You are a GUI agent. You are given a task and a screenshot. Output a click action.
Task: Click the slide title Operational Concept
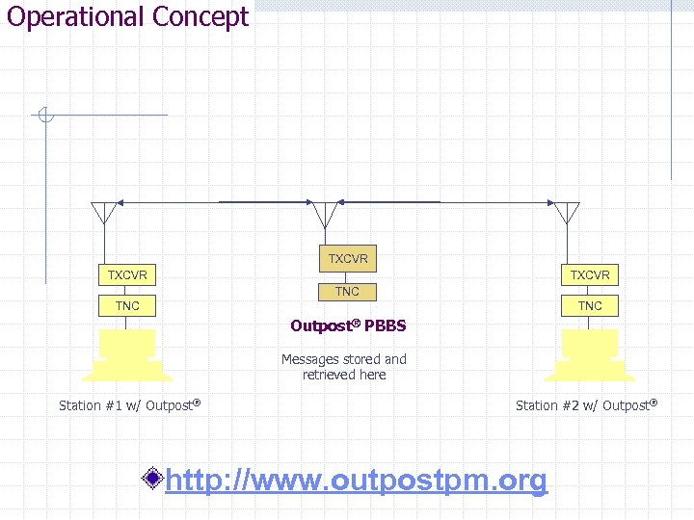(127, 17)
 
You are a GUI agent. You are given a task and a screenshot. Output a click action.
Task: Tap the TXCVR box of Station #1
(127, 275)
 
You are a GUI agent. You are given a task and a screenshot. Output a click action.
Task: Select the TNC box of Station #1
(127, 306)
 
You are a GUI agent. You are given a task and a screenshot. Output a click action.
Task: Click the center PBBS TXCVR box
(347, 259)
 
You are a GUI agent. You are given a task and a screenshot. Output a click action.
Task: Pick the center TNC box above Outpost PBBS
(347, 292)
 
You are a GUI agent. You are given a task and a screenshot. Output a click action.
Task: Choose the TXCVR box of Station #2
(590, 275)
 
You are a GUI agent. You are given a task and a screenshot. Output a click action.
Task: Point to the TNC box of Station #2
(590, 306)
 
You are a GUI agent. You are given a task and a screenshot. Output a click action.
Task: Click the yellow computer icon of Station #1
(127, 355)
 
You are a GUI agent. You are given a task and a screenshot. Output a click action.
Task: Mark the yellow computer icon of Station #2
(590, 355)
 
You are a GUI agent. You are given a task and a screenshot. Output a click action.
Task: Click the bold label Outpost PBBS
(348, 325)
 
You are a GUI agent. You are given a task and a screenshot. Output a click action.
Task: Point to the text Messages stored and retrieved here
(344, 367)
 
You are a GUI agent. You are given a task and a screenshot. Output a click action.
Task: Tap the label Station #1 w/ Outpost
(129, 405)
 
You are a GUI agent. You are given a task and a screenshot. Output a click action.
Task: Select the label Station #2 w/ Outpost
(586, 405)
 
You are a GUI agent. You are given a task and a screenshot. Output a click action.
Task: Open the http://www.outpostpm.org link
(356, 480)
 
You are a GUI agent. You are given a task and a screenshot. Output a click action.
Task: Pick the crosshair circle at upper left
(44, 117)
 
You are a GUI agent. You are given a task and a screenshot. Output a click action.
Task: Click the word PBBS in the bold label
(386, 325)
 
